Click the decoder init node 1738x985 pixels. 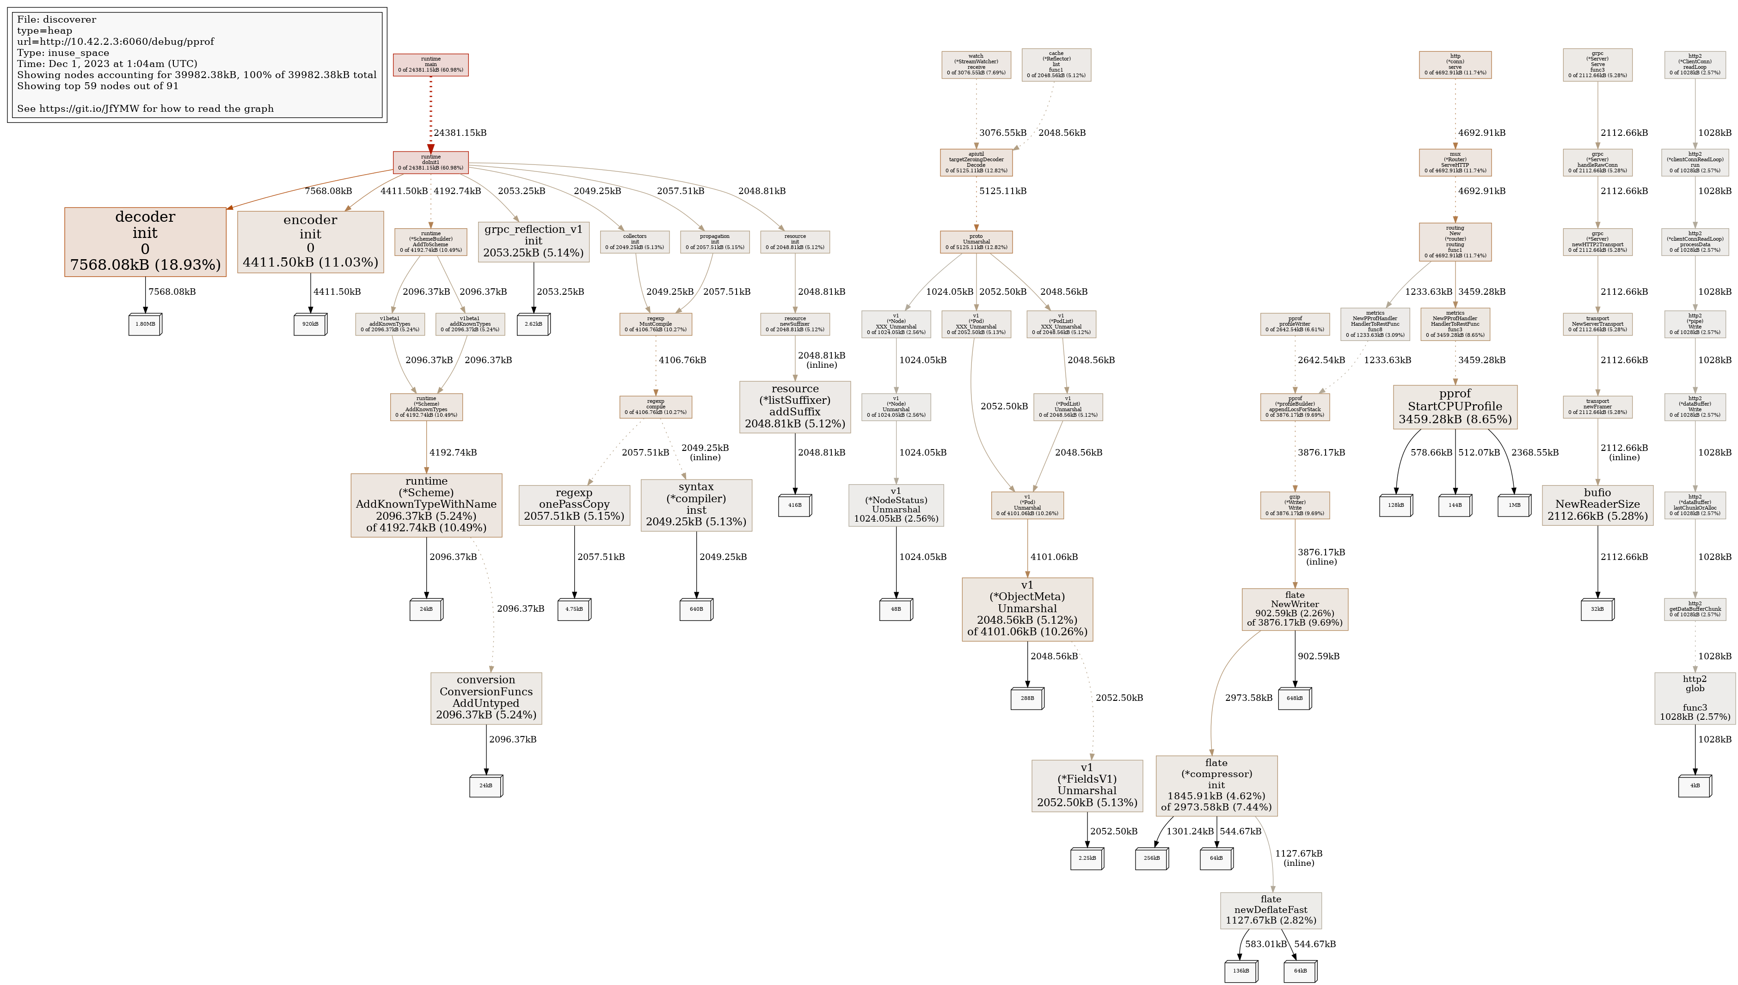145,242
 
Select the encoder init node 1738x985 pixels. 310,242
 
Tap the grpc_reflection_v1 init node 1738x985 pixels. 533,242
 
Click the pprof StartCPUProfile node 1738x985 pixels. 1455,407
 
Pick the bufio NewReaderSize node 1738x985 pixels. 1597,505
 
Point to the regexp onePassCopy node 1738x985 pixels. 574,505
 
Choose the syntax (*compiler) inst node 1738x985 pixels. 696,505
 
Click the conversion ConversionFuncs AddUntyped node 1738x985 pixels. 486,698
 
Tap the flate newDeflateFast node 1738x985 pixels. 1271,910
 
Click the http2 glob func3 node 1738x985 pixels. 1695,698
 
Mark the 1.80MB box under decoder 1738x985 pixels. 145,324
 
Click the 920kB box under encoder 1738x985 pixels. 310,324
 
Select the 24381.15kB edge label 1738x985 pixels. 460,133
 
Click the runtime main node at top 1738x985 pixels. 430,65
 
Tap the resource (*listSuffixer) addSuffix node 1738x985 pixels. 794,407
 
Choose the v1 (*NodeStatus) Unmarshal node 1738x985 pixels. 896,505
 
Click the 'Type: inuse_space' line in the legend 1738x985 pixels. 63,53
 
